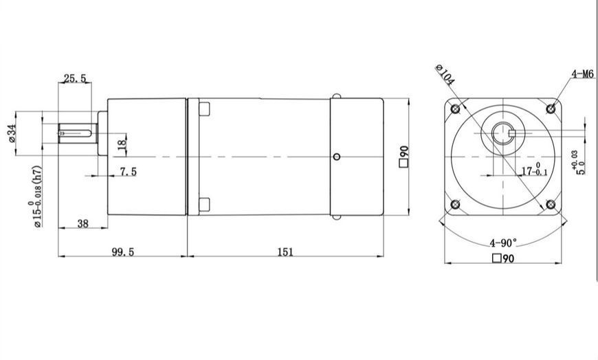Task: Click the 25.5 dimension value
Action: (75, 78)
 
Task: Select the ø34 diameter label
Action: (12, 133)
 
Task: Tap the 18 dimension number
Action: (122, 144)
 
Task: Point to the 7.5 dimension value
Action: (128, 172)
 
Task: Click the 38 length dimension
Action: (82, 223)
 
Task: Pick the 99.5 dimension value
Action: (122, 251)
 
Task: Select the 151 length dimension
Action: (285, 251)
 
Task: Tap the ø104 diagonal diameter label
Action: (445, 75)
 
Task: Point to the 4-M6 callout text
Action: (583, 74)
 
